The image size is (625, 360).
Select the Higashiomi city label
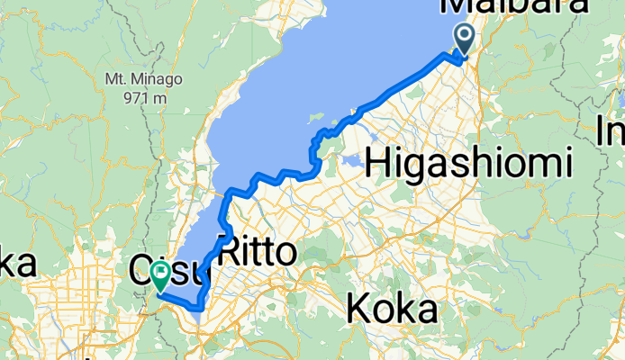click(x=482, y=163)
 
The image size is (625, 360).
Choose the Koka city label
click(x=392, y=309)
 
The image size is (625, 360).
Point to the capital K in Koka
click(x=359, y=309)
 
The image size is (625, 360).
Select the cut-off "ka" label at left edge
click(x=18, y=264)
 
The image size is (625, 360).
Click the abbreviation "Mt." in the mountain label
click(x=116, y=78)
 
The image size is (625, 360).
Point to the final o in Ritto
click(x=284, y=254)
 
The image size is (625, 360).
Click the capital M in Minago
click(x=137, y=78)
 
